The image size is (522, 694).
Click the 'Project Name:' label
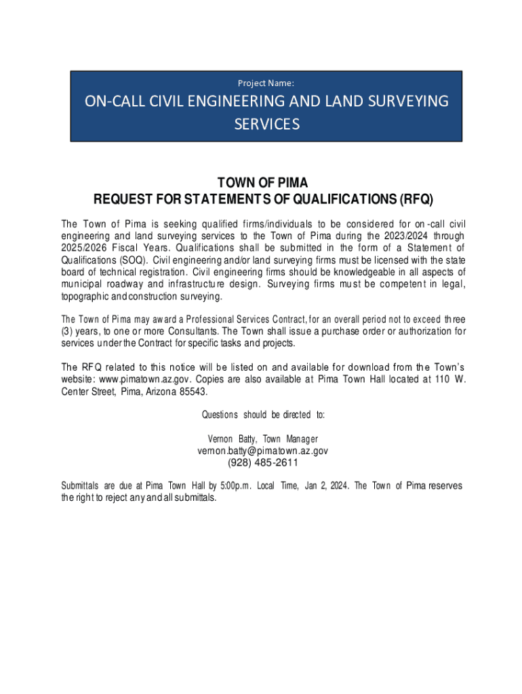(266, 83)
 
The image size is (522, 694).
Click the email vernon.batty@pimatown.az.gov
(263, 450)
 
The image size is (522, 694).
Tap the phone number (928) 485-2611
(263, 463)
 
